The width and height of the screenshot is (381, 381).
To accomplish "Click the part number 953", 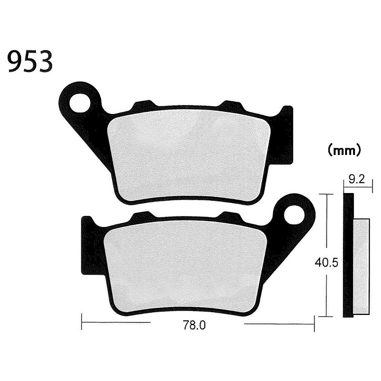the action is [30, 61].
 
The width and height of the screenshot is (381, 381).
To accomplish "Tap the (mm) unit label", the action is [344, 151].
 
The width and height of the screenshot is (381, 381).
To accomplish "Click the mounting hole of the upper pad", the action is [80, 103].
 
